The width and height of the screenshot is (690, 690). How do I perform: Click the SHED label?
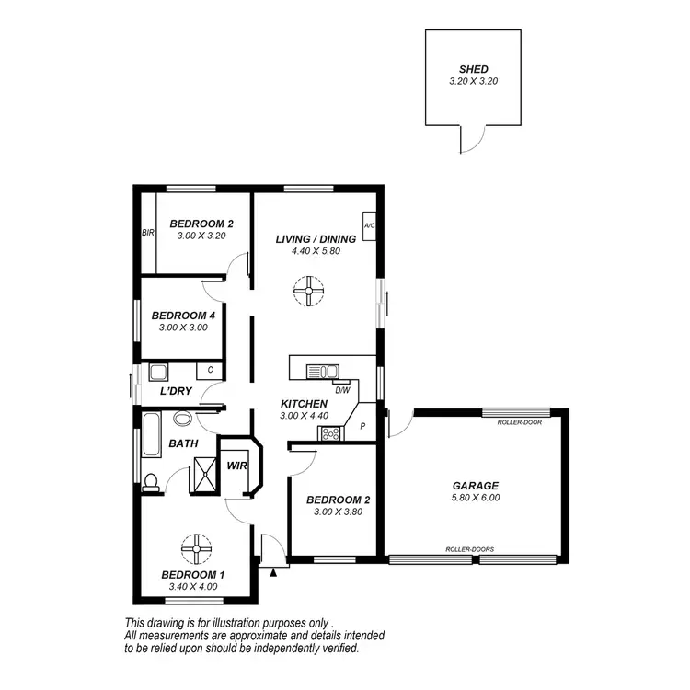click(474, 69)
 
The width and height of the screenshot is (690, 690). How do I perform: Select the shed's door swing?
click(470, 138)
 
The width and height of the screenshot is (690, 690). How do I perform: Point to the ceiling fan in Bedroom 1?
click(196, 549)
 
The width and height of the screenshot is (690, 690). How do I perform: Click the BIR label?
click(147, 234)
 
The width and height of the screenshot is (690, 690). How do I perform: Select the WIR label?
click(237, 465)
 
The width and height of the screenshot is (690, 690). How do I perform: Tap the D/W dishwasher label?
click(342, 390)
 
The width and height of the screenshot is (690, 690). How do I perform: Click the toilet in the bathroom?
click(152, 481)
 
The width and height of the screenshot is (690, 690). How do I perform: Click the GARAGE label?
click(476, 486)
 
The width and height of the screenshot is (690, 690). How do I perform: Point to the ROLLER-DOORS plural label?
click(470, 549)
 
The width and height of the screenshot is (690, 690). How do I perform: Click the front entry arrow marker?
click(273, 572)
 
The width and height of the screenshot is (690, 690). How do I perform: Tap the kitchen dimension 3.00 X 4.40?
click(304, 416)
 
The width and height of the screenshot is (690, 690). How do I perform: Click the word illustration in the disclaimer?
click(231, 621)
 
